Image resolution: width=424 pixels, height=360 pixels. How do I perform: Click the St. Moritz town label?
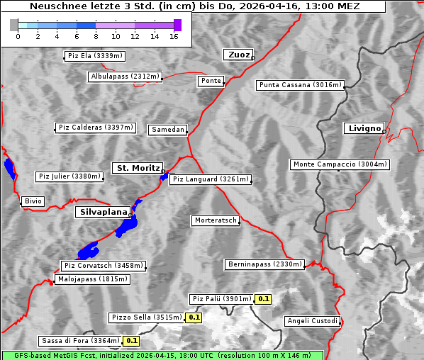tap(137, 168)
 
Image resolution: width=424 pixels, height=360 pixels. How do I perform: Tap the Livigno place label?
tap(363, 128)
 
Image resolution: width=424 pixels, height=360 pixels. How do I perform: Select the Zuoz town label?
tap(237, 55)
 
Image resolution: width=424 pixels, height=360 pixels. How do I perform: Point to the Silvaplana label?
tap(103, 212)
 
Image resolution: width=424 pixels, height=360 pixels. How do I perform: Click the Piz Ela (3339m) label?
tap(94, 56)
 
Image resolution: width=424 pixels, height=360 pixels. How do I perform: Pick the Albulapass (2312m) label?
tap(125, 77)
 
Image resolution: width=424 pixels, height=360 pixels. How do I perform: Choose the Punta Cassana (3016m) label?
tap(300, 85)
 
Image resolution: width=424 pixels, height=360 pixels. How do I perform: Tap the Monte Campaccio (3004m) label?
tap(340, 164)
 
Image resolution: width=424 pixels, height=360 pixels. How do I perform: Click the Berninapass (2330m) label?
tap(264, 264)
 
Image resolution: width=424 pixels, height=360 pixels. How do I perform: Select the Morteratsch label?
tap(215, 221)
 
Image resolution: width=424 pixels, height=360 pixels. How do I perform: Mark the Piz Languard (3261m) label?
tap(211, 179)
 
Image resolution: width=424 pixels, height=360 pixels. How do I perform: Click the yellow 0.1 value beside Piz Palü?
tap(264, 299)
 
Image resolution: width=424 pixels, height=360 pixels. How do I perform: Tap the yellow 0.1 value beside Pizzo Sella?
tap(194, 317)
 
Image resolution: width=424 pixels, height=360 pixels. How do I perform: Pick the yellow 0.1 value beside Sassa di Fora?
tap(131, 341)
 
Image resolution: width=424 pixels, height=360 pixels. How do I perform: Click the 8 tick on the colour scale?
tap(96, 35)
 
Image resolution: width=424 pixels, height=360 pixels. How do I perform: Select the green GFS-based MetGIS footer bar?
tap(162, 355)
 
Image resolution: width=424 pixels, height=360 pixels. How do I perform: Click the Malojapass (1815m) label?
tap(93, 279)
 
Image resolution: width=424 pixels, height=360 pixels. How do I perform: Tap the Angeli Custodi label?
tap(313, 321)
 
